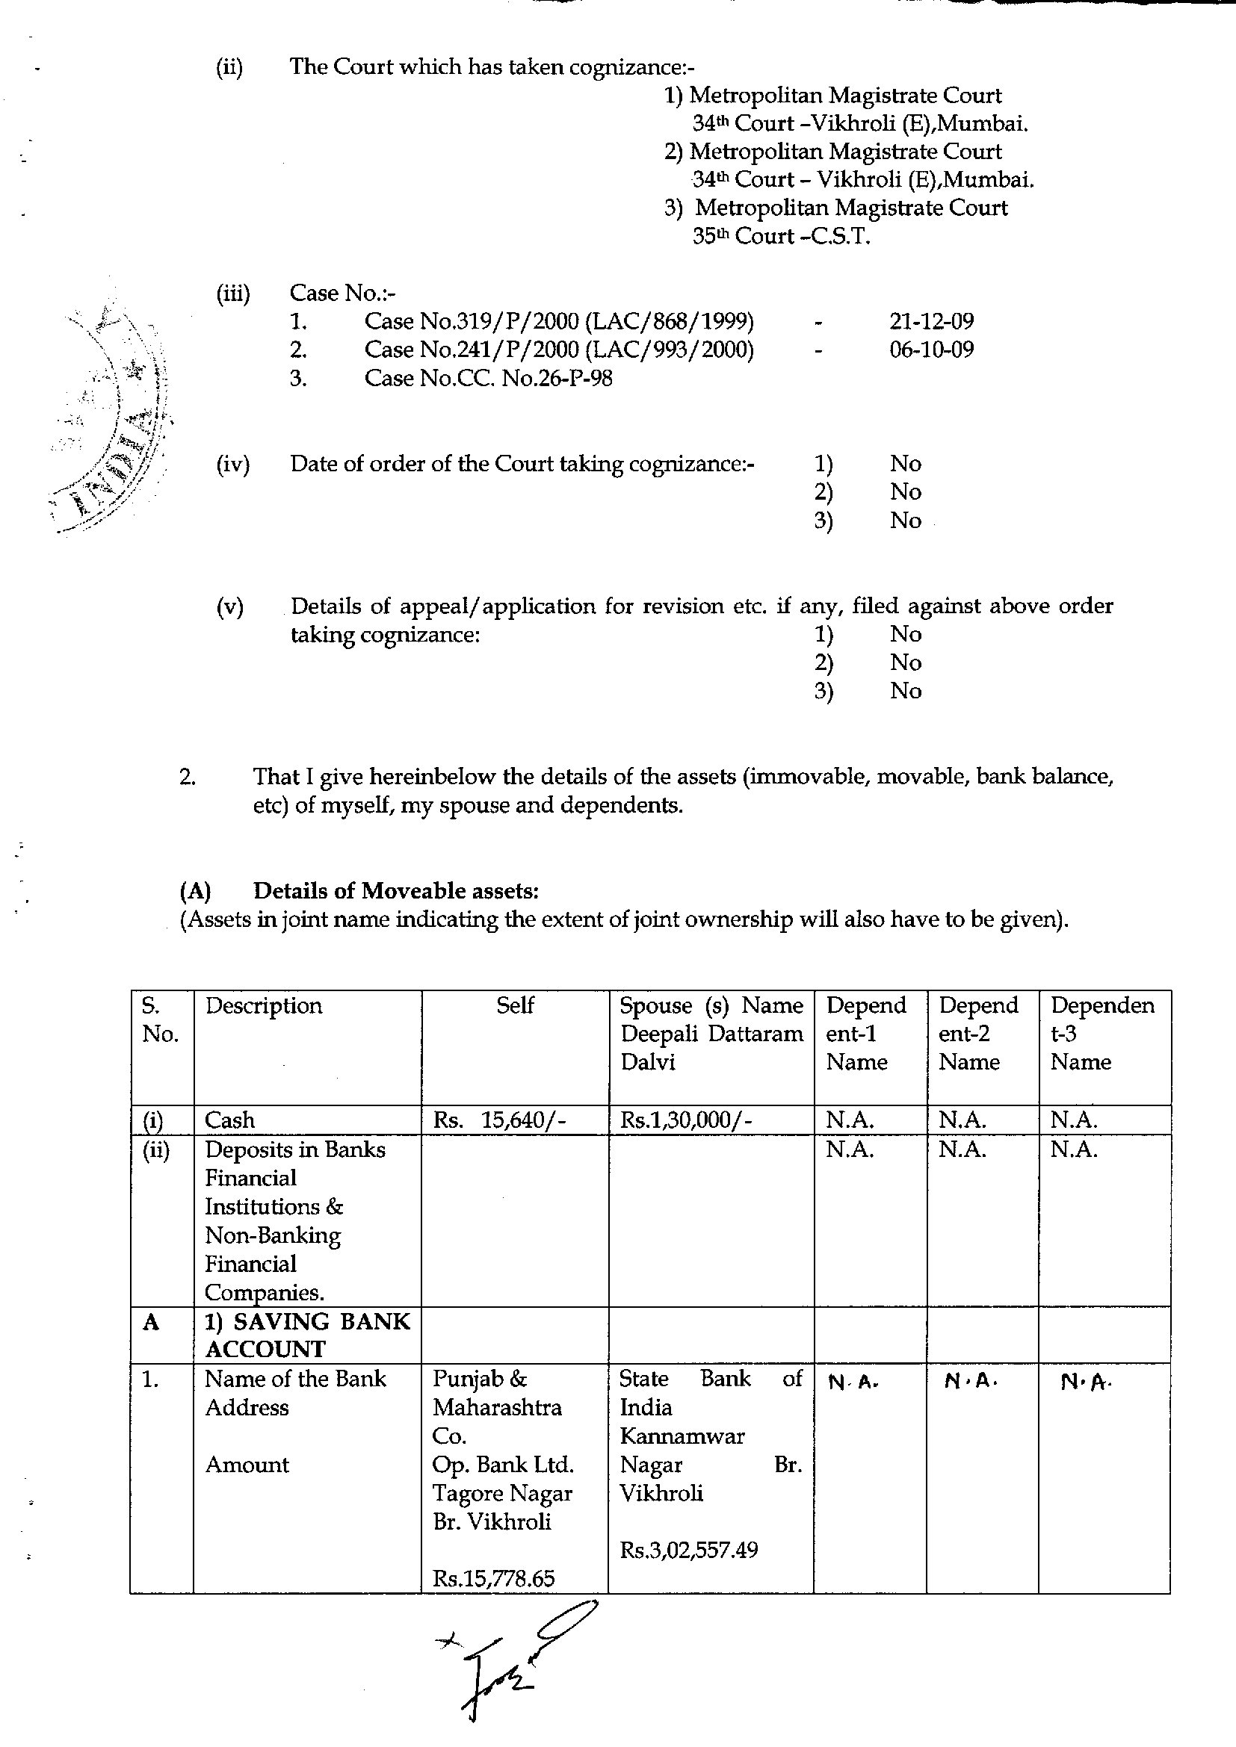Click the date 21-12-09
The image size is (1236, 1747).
click(x=931, y=321)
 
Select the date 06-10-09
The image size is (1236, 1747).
click(x=931, y=350)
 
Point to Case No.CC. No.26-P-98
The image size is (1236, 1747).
click(x=488, y=378)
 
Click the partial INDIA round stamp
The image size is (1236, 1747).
click(x=114, y=426)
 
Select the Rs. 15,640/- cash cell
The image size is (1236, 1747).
click(x=499, y=1120)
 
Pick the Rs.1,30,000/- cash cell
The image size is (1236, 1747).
click(x=686, y=1120)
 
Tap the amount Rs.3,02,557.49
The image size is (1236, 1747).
click(x=689, y=1550)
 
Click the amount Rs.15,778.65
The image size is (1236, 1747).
click(x=493, y=1578)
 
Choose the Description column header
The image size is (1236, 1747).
click(x=263, y=1006)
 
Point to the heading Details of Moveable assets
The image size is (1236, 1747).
click(x=396, y=890)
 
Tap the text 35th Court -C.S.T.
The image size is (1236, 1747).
click(x=781, y=236)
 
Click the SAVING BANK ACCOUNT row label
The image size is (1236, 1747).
click(x=307, y=1335)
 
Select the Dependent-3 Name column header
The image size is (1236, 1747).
click(x=1102, y=1033)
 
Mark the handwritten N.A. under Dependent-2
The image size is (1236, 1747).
click(x=971, y=1381)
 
